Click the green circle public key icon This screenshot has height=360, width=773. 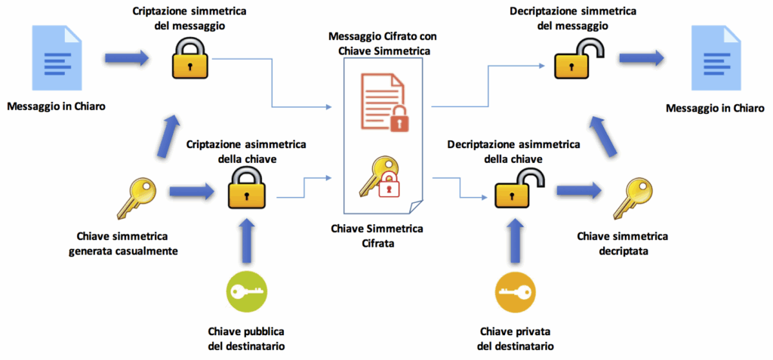click(247, 291)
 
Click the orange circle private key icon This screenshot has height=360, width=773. click(515, 291)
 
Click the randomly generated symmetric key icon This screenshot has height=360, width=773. click(137, 198)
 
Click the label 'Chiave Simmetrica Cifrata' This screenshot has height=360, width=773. click(377, 237)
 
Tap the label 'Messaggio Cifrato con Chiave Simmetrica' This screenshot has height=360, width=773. click(383, 44)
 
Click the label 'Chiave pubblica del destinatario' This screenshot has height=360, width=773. click(247, 338)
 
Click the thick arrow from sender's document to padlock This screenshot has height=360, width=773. click(126, 58)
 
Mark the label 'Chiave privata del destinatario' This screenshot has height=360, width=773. click(515, 338)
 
